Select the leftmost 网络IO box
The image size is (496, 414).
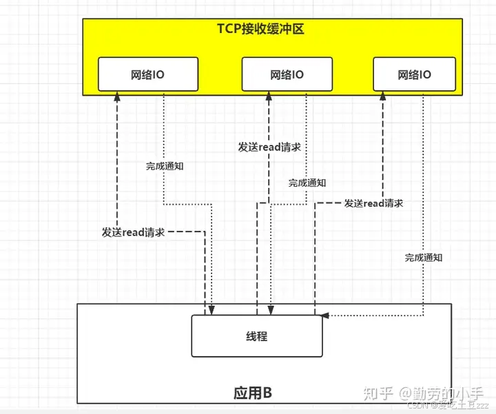pos(148,74)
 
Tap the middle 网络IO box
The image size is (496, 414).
pos(287,74)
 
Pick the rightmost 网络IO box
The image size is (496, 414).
pos(414,74)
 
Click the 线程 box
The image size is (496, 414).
pos(256,336)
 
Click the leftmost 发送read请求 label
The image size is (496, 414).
pos(133,233)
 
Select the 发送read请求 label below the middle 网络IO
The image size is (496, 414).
pos(269,147)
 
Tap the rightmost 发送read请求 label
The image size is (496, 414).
pos(373,203)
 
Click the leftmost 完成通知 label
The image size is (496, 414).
pos(165,166)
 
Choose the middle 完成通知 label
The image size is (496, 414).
pos(307,183)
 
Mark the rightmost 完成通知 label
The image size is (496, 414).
pos(424,258)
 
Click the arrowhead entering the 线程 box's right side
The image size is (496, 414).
pos(326,315)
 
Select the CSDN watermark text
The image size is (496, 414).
pos(416,406)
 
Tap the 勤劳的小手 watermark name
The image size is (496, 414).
pos(447,393)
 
